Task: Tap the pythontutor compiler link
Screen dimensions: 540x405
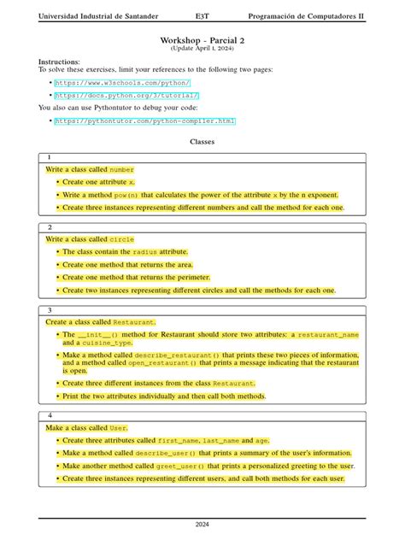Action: [144, 121]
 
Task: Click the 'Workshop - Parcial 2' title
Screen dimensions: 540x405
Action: [202, 40]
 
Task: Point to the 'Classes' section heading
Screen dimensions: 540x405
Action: [202, 141]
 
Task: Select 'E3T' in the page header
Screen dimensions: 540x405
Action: [202, 16]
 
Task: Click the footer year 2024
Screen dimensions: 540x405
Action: [202, 525]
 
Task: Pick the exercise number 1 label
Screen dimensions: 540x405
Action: [50, 158]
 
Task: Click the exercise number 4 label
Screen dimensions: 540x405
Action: [50, 415]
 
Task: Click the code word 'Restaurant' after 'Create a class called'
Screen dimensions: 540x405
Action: [135, 322]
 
